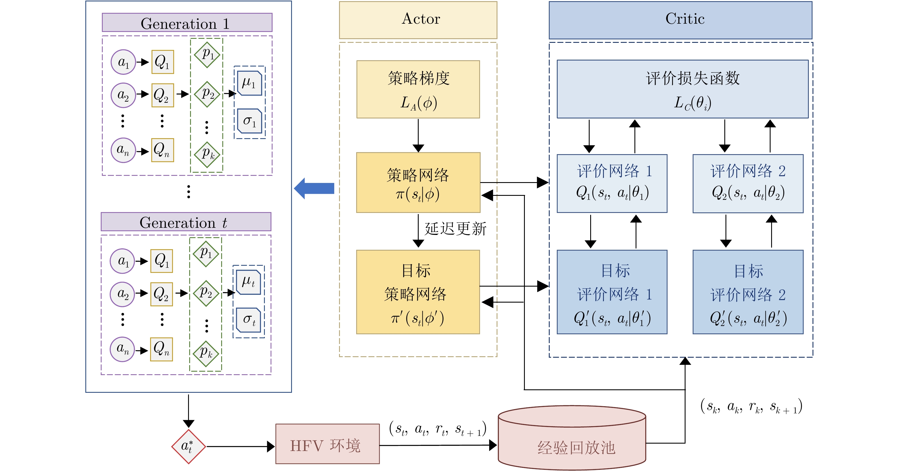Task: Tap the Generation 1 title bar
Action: click(187, 23)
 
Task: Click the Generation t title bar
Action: click(186, 222)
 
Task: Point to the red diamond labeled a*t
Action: click(188, 446)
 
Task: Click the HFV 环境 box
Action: click(327, 444)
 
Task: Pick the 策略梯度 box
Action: click(418, 89)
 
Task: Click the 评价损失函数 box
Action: click(682, 89)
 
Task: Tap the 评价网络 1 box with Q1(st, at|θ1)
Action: click(612, 183)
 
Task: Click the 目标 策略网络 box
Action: click(418, 292)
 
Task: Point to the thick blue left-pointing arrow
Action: click(314, 188)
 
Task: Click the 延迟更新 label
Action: click(455, 229)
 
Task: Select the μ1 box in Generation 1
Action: click(249, 83)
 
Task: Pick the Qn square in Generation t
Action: click(162, 349)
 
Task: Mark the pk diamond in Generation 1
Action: click(207, 154)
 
